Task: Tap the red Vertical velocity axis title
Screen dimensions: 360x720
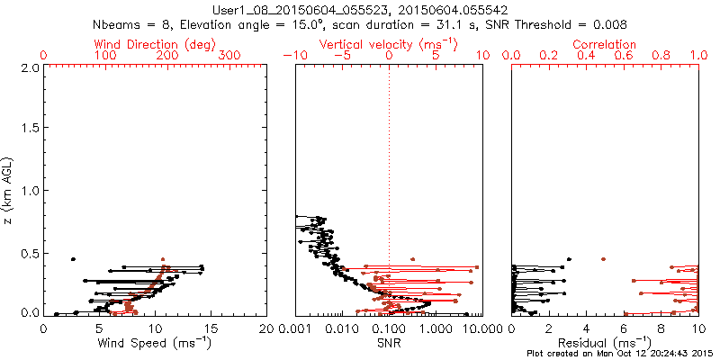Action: pyautogui.click(x=388, y=43)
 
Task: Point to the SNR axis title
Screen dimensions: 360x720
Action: pyautogui.click(x=389, y=342)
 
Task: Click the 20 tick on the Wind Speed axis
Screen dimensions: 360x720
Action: pyautogui.click(x=265, y=328)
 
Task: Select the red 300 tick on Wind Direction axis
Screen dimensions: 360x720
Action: pyautogui.click(x=230, y=56)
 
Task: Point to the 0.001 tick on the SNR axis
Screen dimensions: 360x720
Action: pyautogui.click(x=295, y=328)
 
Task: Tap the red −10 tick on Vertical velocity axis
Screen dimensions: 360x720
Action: pyautogui.click(x=295, y=56)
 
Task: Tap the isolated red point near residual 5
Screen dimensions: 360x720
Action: pyautogui.click(x=603, y=259)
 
